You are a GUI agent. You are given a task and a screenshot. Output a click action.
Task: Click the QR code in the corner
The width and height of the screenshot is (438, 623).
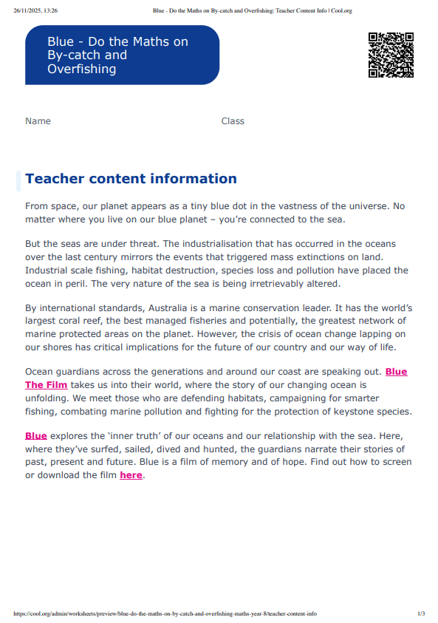(391, 55)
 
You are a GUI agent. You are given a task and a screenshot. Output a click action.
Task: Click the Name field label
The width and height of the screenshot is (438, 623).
(38, 121)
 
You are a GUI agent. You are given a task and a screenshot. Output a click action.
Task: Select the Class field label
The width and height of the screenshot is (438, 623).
(233, 121)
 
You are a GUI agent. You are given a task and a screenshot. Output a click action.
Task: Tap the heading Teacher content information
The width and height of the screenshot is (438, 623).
(131, 179)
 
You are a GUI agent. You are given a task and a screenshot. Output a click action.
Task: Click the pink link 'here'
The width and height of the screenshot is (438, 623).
(131, 475)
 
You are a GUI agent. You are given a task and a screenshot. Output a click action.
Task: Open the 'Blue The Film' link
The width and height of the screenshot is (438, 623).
(46, 385)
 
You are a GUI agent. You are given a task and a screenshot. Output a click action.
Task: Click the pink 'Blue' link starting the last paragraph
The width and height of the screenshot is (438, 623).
(35, 436)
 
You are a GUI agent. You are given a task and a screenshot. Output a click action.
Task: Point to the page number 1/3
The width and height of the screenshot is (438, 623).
(421, 613)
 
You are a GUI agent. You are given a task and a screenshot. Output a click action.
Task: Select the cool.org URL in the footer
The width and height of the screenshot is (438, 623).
(165, 613)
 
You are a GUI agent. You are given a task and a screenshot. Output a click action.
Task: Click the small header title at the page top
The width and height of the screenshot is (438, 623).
(253, 11)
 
